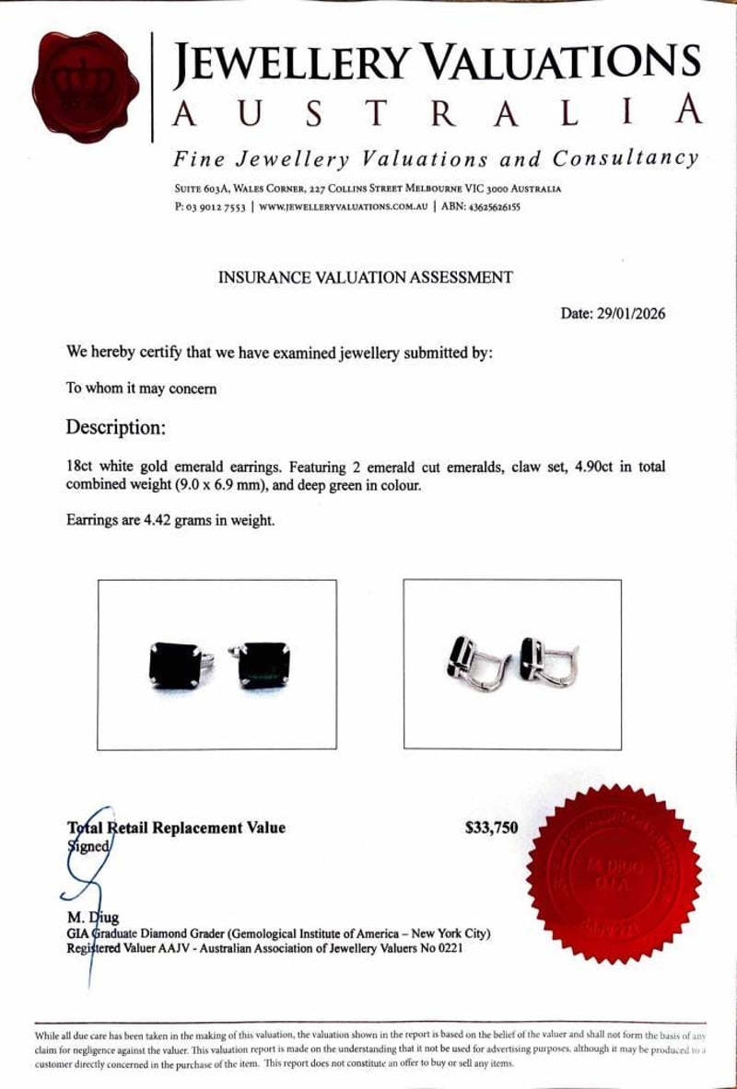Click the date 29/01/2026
(638, 314)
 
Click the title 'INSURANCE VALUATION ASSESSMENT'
(365, 277)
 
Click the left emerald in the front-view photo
(176, 665)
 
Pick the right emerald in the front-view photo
(264, 664)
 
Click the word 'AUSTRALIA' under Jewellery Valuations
(438, 112)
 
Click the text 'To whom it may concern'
(142, 388)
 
